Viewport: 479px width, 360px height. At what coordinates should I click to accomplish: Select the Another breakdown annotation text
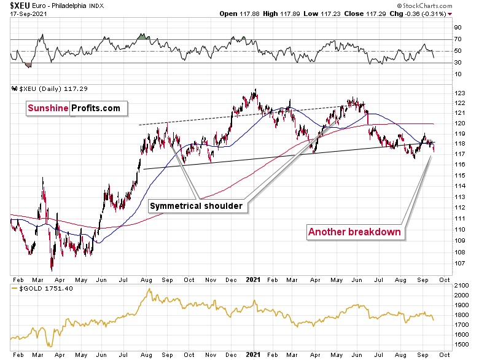tap(354, 232)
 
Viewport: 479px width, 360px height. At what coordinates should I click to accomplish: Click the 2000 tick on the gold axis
tap(460, 295)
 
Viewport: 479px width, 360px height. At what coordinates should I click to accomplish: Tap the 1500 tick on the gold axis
tap(460, 344)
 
